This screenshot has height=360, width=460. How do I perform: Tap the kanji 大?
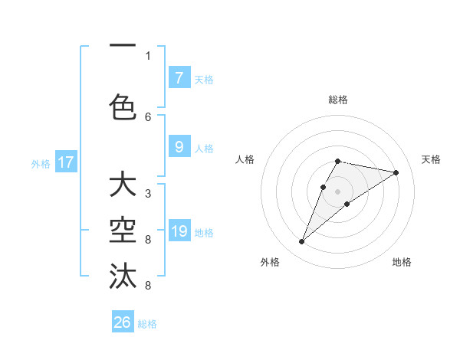pos(123,185)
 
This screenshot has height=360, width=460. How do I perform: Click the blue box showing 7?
pos(179,78)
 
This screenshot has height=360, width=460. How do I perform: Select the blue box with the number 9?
pos(179,147)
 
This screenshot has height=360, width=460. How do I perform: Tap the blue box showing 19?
pos(179,231)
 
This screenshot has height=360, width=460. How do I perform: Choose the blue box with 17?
pos(65,162)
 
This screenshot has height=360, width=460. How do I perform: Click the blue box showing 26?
pos(123,323)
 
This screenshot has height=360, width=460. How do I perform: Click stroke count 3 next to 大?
pos(148,194)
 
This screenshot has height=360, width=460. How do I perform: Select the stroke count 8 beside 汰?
pos(148,286)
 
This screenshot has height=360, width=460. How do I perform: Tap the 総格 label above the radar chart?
pos(338,100)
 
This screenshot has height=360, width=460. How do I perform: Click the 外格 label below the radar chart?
pos(270,263)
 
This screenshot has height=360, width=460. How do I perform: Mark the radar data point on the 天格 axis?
pos(396,172)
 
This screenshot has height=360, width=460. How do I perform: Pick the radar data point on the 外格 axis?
pos(301,242)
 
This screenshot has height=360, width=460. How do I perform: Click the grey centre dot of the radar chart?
pos(338,190)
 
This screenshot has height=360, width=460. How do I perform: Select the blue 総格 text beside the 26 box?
pos(147,324)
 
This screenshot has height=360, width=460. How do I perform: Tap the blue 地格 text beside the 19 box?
pos(204,232)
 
